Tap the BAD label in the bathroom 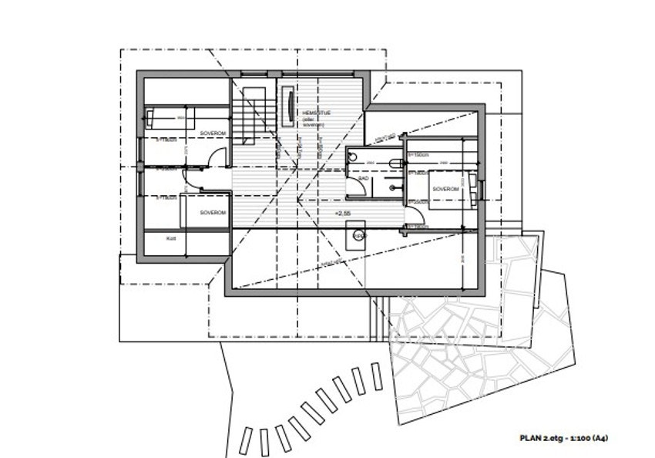click(x=363, y=178)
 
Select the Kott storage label click(x=171, y=239)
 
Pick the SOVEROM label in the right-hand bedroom click(x=445, y=189)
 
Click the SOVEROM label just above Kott click(x=211, y=212)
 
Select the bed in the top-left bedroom click(x=170, y=118)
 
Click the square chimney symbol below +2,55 click(x=358, y=234)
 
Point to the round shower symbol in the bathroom click(x=353, y=157)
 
